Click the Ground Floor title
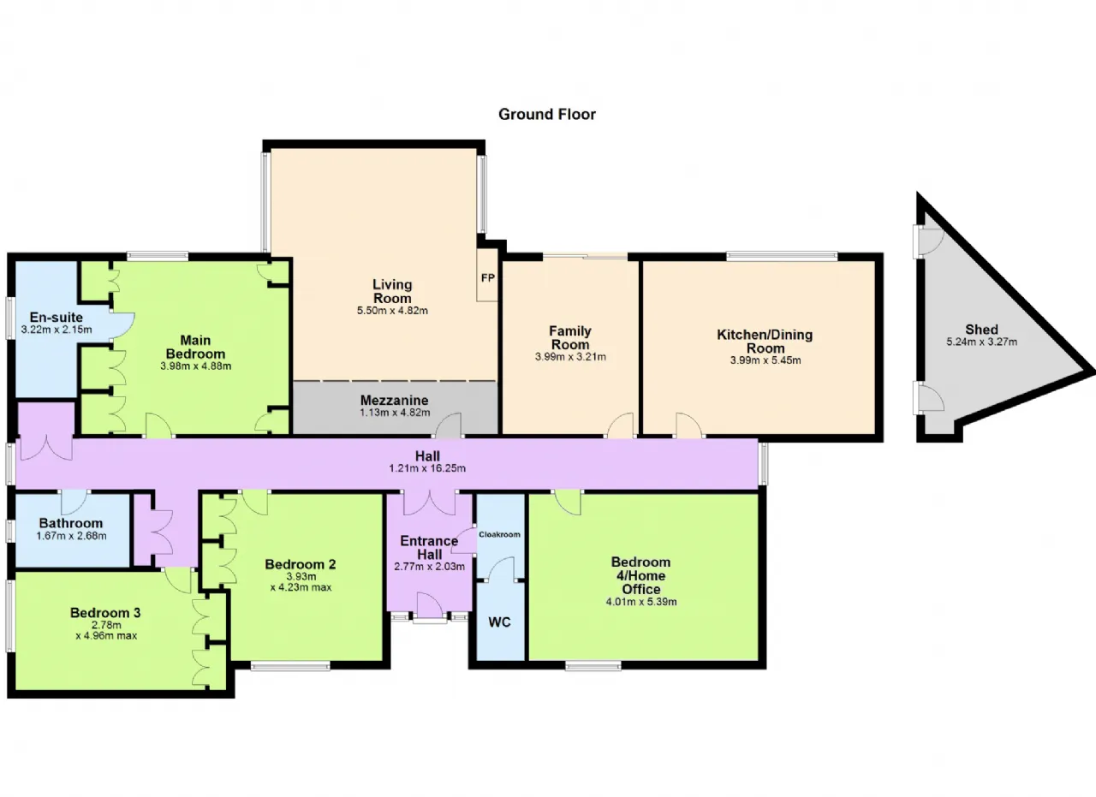tap(547, 115)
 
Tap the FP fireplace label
tap(488, 278)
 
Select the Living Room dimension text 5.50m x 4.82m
tap(392, 310)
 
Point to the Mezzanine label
tap(395, 401)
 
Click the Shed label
tap(981, 330)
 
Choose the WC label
tap(499, 622)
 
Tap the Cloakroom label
tap(499, 534)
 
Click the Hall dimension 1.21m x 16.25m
tap(427, 468)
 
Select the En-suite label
tap(57, 317)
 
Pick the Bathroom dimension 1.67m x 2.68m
tap(71, 536)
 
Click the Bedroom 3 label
tap(105, 613)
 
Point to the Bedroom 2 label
tap(301, 564)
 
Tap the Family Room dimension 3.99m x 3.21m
tap(570, 357)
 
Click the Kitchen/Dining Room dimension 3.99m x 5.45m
tap(765, 360)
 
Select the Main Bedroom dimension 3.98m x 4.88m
tap(196, 366)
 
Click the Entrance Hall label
tap(429, 548)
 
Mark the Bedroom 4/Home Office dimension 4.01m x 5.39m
tap(641, 602)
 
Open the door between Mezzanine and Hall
tap(448, 425)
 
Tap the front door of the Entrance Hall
tap(430, 605)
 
